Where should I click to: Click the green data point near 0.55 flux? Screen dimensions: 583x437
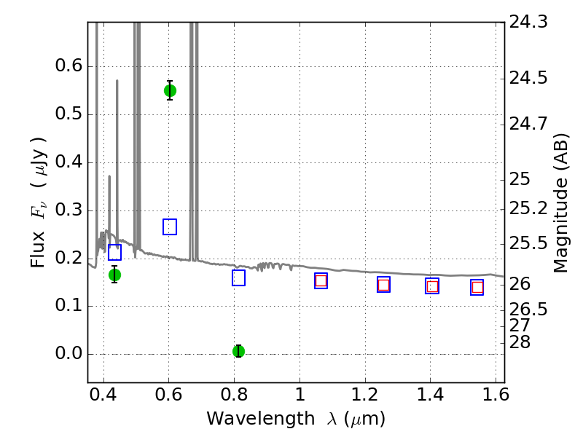pyautogui.click(x=170, y=90)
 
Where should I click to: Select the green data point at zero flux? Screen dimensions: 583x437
pyautogui.click(x=239, y=351)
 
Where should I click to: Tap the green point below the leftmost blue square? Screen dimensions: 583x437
pyautogui.click(x=115, y=275)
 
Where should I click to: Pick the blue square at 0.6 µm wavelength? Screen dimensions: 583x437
pyautogui.click(x=170, y=227)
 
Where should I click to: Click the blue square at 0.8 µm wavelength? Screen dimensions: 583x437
pyautogui.click(x=239, y=278)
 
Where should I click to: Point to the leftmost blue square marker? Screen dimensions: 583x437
pyautogui.click(x=115, y=252)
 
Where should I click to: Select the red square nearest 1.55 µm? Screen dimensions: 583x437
pyautogui.click(x=477, y=287)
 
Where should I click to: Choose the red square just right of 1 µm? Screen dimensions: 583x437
pyautogui.click(x=321, y=280)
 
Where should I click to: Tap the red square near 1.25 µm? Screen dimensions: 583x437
pyautogui.click(x=384, y=285)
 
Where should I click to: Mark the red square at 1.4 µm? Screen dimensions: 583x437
pyautogui.click(x=432, y=286)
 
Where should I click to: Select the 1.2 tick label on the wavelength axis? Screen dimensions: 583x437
pyautogui.click(x=365, y=395)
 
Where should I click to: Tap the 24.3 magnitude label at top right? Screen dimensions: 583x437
pyautogui.click(x=528, y=22)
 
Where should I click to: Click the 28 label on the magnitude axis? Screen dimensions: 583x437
pyautogui.click(x=520, y=342)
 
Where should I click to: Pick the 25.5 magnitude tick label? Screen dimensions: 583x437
pyautogui.click(x=528, y=243)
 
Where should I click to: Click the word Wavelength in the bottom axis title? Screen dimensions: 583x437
pyautogui.click(x=261, y=419)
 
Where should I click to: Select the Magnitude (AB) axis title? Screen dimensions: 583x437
pyautogui.click(x=560, y=203)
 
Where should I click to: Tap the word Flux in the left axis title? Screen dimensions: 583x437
pyautogui.click(x=38, y=249)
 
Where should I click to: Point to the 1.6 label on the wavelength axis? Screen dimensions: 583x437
pyautogui.click(x=496, y=395)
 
